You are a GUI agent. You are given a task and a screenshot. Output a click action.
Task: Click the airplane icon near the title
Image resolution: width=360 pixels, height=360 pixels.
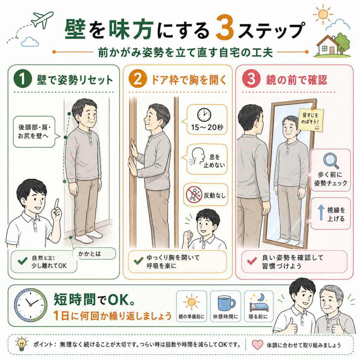point(42,20)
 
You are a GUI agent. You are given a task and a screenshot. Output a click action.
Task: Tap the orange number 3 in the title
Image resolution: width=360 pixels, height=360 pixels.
point(225,27)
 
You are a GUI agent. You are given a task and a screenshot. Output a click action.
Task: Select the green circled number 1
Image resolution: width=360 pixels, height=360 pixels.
point(22,78)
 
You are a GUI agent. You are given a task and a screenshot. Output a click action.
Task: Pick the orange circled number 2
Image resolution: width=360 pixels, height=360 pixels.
point(137,79)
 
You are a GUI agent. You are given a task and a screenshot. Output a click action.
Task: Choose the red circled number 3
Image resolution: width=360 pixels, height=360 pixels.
point(251,78)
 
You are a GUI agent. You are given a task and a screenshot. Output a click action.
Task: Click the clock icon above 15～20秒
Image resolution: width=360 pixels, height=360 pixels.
point(204,115)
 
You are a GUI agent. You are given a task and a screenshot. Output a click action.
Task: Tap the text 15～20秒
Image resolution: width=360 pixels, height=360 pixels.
point(207,127)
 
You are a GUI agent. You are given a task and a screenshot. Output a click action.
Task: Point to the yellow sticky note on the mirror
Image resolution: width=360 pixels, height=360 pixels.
point(311,120)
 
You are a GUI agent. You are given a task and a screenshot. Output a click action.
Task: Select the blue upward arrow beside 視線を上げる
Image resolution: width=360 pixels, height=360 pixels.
point(321,212)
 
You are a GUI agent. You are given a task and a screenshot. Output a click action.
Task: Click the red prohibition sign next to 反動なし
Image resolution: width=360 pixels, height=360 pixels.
point(194,194)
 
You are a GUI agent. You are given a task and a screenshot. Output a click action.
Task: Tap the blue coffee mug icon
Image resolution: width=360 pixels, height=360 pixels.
point(226,303)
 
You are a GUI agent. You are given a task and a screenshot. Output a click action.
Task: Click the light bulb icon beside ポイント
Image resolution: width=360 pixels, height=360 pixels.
point(21,344)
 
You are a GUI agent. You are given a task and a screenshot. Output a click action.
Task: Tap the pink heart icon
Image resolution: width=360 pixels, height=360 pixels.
point(257,345)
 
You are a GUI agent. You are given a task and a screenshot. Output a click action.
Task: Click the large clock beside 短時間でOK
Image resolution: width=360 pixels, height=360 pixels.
point(31,305)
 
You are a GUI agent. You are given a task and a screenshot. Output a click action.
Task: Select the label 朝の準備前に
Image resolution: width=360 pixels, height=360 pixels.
point(192,317)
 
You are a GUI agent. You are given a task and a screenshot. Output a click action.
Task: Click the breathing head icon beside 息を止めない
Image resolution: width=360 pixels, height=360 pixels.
point(197,157)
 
